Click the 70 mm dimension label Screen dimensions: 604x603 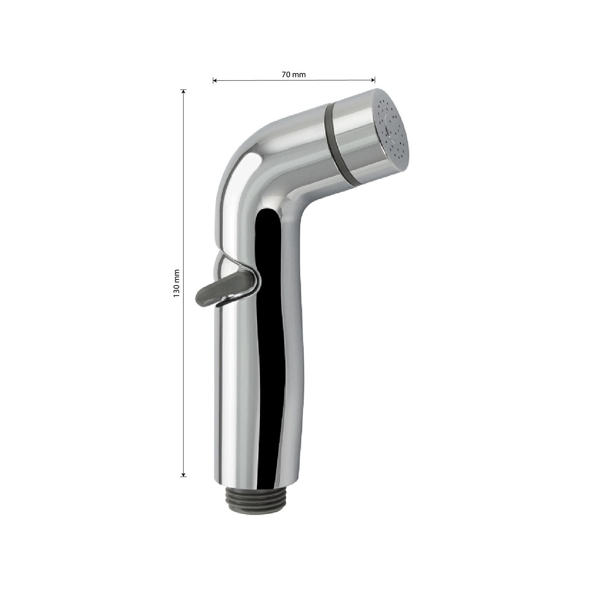pyautogui.click(x=294, y=74)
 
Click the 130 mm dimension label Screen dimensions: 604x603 pyautogui.click(x=175, y=283)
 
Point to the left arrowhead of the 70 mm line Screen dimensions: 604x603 pyautogui.click(x=215, y=80)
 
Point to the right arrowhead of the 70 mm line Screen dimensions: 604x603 pyautogui.click(x=373, y=79)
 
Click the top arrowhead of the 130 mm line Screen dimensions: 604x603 pyautogui.click(x=184, y=91)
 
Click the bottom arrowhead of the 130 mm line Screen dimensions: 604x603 pyautogui.click(x=183, y=474)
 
